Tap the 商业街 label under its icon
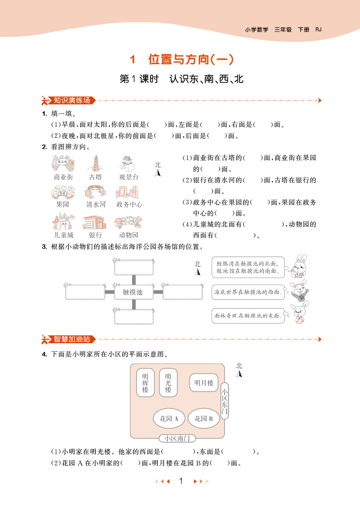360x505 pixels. (63, 177)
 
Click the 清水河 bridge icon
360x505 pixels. (96, 192)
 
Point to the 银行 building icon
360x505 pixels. (95, 222)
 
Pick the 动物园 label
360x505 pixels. (129, 235)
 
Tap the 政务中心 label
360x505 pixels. (129, 205)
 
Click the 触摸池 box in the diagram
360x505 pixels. (133, 292)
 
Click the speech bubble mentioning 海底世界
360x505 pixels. (248, 292)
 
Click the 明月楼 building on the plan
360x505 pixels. (203, 383)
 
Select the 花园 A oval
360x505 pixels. (169, 418)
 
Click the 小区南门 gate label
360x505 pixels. (177, 438)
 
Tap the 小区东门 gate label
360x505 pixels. (224, 401)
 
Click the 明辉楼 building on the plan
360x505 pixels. (145, 383)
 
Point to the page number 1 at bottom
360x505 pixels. (181, 480)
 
